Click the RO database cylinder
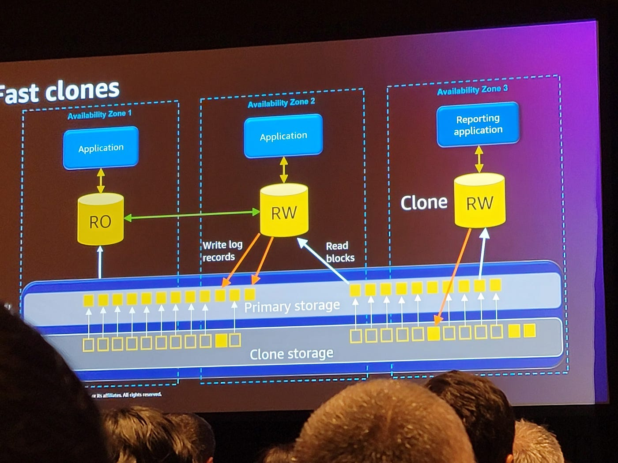[100, 219]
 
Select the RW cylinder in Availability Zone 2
[284, 211]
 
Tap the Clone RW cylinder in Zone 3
[479, 201]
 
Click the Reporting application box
[478, 124]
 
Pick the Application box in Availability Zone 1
[101, 148]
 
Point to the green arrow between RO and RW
[192, 215]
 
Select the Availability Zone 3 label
[472, 90]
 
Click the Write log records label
[222, 251]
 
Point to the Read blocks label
[340, 252]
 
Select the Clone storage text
[291, 354]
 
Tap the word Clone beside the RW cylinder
[424, 202]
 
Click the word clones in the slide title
[83, 90]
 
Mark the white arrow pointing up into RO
[100, 262]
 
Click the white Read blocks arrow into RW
[323, 260]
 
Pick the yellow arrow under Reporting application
[479, 160]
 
